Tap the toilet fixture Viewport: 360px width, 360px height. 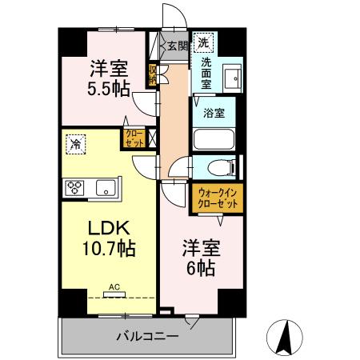[x=221, y=168]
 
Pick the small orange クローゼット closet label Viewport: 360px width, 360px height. [x=132, y=138]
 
